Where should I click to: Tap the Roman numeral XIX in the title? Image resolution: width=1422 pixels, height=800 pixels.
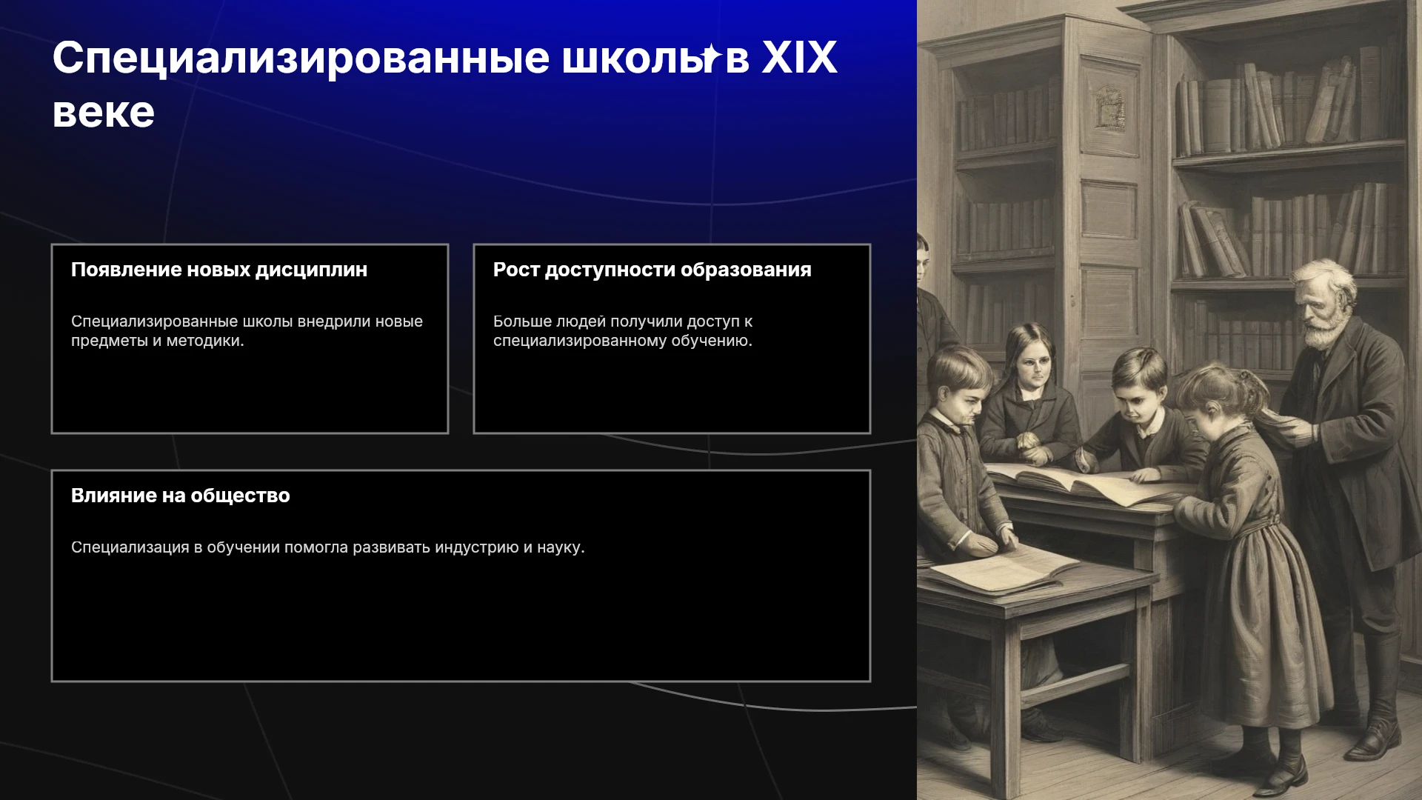pyautogui.click(x=799, y=58)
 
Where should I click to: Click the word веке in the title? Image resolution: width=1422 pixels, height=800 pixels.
pyautogui.click(x=103, y=113)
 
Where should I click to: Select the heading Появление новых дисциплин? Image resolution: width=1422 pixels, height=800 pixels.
pyautogui.click(x=219, y=270)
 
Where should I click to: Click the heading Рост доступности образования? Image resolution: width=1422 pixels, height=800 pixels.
pyautogui.click(x=652, y=270)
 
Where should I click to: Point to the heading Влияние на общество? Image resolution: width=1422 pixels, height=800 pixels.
pyautogui.click(x=181, y=496)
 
